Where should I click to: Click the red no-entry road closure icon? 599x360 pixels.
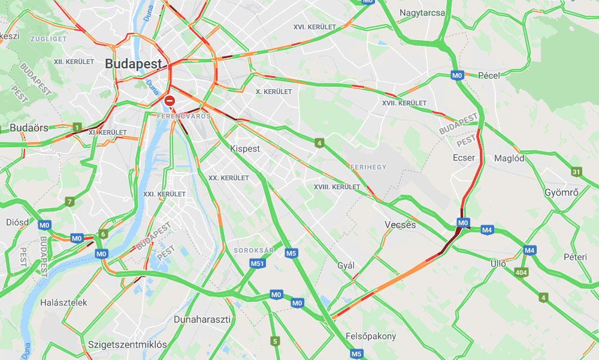tap(170, 101)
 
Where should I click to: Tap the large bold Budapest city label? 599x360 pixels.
tap(134, 63)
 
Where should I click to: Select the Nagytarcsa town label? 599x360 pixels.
tap(422, 13)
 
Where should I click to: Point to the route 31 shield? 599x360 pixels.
tap(576, 172)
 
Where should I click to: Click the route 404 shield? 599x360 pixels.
tap(521, 273)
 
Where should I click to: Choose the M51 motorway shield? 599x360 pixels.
tap(258, 264)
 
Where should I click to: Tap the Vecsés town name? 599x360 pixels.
tap(400, 225)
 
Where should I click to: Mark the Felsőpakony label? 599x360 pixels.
tap(371, 336)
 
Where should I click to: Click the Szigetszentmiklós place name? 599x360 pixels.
tap(127, 344)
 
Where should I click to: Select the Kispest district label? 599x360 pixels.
tap(245, 149)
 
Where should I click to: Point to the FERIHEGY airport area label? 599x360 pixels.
tap(368, 167)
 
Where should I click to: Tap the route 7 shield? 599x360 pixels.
tap(70, 202)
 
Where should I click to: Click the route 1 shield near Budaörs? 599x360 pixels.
tap(77, 127)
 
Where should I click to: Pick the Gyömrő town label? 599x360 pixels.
tap(561, 193)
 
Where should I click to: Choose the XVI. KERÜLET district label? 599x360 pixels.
tap(314, 27)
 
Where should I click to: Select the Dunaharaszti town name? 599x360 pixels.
tap(202, 319)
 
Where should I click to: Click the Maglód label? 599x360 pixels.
tap(509, 158)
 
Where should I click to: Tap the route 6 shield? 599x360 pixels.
tap(103, 234)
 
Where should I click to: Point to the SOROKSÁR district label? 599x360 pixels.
tap(250, 250)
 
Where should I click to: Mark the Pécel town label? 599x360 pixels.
tap(489, 75)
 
